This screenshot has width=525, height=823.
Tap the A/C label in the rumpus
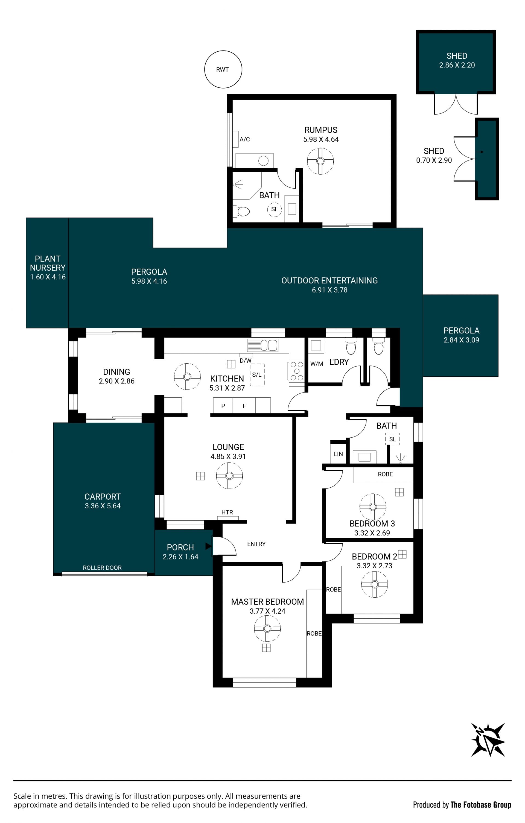point(244,139)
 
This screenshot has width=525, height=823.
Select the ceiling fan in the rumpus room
point(320,161)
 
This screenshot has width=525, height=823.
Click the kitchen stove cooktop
point(296,371)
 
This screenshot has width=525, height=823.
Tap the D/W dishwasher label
point(246,361)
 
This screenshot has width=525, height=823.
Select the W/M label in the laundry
point(317,364)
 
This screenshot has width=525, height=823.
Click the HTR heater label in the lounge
point(227,512)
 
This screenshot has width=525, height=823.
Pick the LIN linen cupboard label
point(338,454)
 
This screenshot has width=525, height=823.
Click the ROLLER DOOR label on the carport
point(102,568)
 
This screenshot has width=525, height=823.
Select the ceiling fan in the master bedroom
point(267,629)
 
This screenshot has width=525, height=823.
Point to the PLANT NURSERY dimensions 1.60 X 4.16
point(48,277)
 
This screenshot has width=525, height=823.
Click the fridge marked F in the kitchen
point(244,406)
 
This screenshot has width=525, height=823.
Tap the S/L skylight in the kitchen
point(257,375)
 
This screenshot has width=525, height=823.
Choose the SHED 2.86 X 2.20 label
point(457,60)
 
